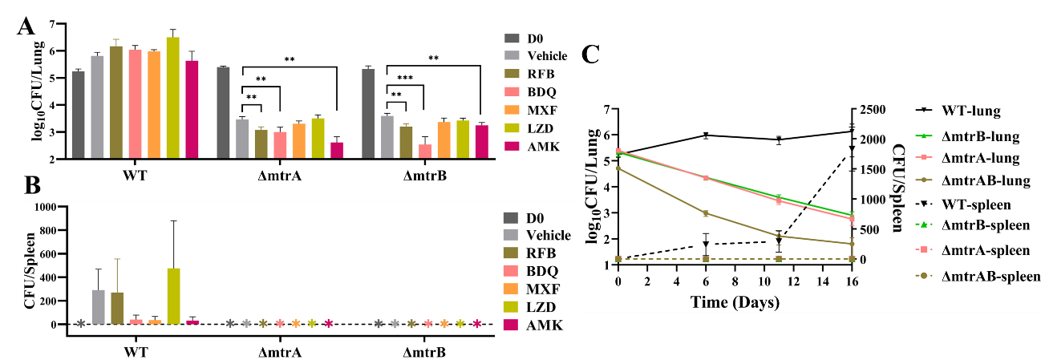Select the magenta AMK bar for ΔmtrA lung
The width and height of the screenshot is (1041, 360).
point(337,151)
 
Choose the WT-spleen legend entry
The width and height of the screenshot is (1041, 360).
point(966,205)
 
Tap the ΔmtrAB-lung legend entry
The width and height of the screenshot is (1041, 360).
point(974,182)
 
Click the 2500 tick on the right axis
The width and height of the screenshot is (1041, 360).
point(879,110)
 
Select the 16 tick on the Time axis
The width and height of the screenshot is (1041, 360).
point(852,282)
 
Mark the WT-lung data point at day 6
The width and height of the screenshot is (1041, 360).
point(706,136)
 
